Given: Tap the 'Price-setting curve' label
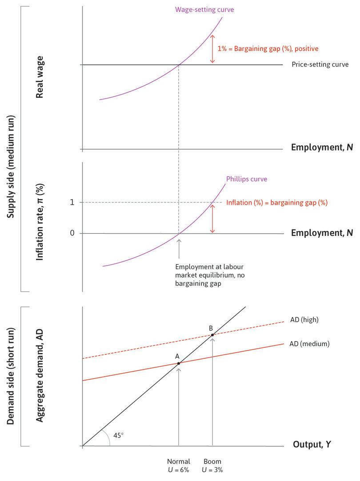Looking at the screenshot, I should click(320, 64).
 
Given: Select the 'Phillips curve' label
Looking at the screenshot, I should click(247, 179).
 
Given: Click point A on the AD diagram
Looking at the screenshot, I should click(179, 363).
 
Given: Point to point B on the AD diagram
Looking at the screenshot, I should click(212, 334).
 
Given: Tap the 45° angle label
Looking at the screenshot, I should click(119, 435).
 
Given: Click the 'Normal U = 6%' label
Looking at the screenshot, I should click(179, 465).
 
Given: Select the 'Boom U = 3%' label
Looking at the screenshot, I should click(212, 465).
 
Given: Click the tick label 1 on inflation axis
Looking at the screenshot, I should click(72, 203).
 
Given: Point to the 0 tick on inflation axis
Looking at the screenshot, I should click(72, 233).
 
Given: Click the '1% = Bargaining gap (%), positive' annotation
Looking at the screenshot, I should click(268, 48).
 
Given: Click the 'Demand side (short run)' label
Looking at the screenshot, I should click(11, 376).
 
